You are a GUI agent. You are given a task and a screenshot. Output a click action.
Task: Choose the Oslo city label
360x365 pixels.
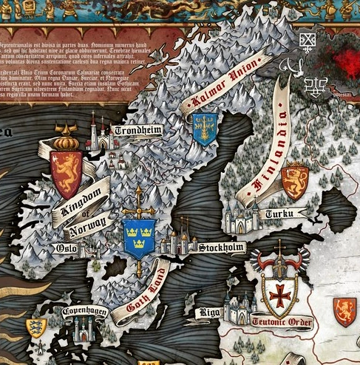(x=66, y=248)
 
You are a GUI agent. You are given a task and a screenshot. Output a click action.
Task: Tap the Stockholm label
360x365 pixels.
(x=221, y=247)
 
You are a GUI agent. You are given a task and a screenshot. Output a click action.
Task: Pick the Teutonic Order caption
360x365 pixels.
(x=282, y=322)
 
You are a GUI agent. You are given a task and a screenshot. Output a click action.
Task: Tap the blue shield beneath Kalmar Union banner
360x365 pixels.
(x=204, y=128)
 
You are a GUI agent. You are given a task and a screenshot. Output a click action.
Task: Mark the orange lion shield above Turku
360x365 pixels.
(x=296, y=181)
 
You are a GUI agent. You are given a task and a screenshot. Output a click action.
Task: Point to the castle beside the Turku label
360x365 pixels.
(x=242, y=216)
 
